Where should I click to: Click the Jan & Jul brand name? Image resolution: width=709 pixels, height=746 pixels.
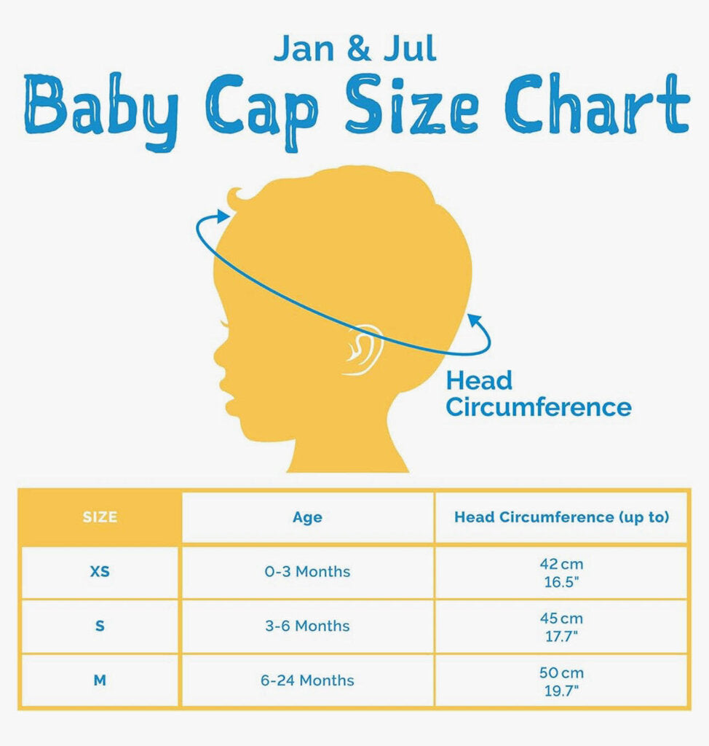(x=354, y=49)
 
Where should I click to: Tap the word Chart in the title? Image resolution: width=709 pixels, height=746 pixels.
(x=597, y=103)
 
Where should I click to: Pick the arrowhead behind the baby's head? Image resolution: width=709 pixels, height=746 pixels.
(x=475, y=321)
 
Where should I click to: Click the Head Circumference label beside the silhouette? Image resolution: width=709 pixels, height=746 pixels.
(x=538, y=394)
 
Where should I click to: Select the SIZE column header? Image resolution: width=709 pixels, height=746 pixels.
(x=100, y=517)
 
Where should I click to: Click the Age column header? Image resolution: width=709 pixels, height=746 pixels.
(x=307, y=518)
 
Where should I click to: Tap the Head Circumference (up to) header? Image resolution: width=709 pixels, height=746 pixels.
(x=561, y=517)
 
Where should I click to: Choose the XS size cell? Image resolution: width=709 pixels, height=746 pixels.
(x=100, y=571)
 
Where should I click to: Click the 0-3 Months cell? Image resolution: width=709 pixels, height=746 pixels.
(x=307, y=571)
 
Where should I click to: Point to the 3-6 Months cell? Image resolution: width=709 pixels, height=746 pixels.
(x=307, y=626)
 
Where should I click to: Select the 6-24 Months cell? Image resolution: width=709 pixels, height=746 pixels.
(x=307, y=680)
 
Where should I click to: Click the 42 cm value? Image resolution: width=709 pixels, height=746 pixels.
(x=561, y=565)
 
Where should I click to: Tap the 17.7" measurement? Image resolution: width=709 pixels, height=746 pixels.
(x=561, y=636)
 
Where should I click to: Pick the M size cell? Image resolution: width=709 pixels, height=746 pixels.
(x=100, y=681)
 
